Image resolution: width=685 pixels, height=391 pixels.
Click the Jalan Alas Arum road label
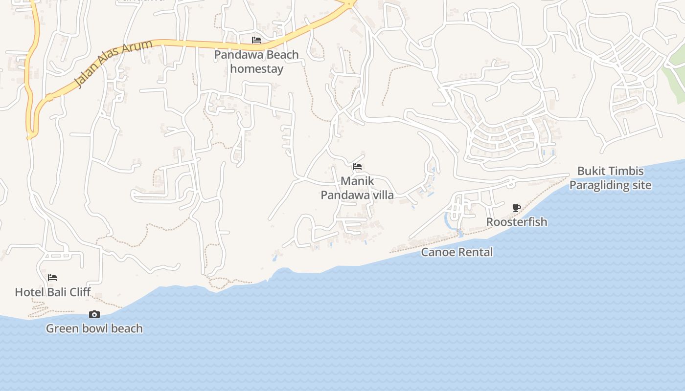pos(114,64)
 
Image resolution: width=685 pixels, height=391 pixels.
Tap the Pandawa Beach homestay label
pos(256,62)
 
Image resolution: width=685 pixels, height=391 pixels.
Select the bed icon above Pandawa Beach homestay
pos(256,40)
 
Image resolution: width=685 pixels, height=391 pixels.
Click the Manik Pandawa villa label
pos(357,188)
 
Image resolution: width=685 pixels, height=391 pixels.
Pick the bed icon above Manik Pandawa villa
pos(357,167)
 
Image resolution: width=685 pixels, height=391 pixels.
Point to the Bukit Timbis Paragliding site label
pos(610,178)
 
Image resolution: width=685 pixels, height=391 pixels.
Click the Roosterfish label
pos(517,222)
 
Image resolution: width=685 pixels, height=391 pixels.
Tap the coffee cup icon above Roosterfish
pos(516,208)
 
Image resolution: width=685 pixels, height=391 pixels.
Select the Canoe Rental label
pos(457,252)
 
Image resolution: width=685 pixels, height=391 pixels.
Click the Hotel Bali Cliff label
pos(53,292)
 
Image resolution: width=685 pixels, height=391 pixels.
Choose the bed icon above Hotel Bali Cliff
pos(52,278)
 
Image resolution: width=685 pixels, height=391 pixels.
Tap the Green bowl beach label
pos(94,328)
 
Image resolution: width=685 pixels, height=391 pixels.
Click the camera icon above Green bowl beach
pos(94,314)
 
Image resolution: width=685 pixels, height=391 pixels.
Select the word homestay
pos(256,69)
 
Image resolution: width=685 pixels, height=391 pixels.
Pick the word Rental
pos(474,252)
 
